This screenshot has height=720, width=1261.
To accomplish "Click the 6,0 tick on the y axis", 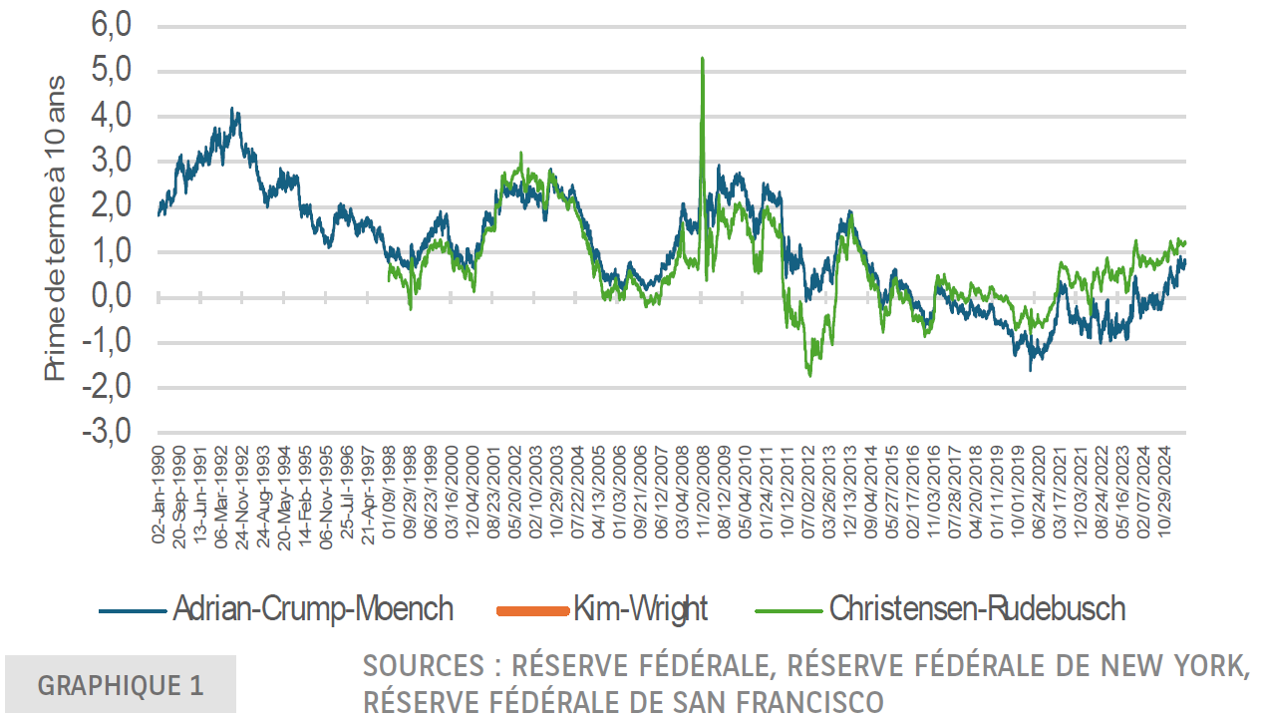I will pos(111,26).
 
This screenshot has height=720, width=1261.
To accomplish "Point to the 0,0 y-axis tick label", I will pos(111,297).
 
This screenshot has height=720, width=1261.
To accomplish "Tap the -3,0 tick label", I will pos(107,433).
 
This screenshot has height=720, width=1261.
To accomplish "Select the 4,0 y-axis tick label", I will pos(111,117).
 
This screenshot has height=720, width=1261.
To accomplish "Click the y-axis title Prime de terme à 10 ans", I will pos(56,228).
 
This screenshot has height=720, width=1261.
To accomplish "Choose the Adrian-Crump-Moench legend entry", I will pos(313,608).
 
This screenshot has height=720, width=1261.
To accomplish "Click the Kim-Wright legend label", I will pos(640,608).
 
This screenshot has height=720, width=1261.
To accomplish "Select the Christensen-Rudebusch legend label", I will pos(977,608).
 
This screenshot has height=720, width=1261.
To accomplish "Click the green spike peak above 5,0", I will pos(703,59).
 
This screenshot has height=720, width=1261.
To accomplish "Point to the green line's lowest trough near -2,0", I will pos(809,375).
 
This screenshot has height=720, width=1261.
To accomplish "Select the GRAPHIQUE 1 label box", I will pos(121,685).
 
